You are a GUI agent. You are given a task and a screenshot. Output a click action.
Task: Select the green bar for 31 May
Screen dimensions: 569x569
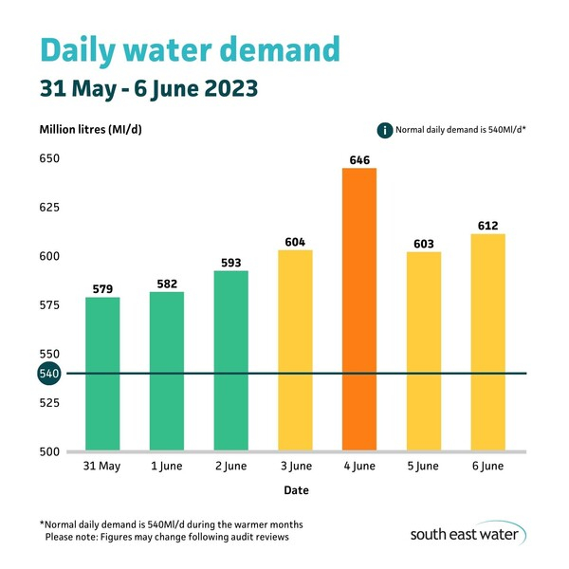coord(102,374)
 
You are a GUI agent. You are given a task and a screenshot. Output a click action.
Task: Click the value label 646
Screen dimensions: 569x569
coord(359,159)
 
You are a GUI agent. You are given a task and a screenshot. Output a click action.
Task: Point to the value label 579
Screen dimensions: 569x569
coord(102,288)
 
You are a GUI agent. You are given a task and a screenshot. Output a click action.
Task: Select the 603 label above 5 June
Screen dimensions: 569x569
coord(424,244)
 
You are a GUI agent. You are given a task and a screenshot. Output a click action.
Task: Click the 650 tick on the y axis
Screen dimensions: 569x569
coord(49,158)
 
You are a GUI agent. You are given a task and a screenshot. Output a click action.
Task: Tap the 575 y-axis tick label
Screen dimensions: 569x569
coord(49,305)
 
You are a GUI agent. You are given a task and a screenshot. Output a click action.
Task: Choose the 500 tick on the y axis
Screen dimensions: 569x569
coord(49,451)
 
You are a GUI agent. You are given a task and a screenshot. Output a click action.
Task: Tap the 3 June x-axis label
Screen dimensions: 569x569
coord(295,466)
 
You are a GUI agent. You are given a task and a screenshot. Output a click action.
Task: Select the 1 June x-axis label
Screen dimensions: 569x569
coord(167,466)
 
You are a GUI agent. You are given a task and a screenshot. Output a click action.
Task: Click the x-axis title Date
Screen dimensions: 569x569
coord(295,490)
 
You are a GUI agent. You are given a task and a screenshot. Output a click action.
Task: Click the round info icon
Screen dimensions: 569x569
coord(385,129)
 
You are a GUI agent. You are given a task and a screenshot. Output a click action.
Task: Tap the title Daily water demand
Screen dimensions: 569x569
coord(189,48)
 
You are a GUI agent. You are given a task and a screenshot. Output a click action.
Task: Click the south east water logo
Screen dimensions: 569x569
coord(468,533)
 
